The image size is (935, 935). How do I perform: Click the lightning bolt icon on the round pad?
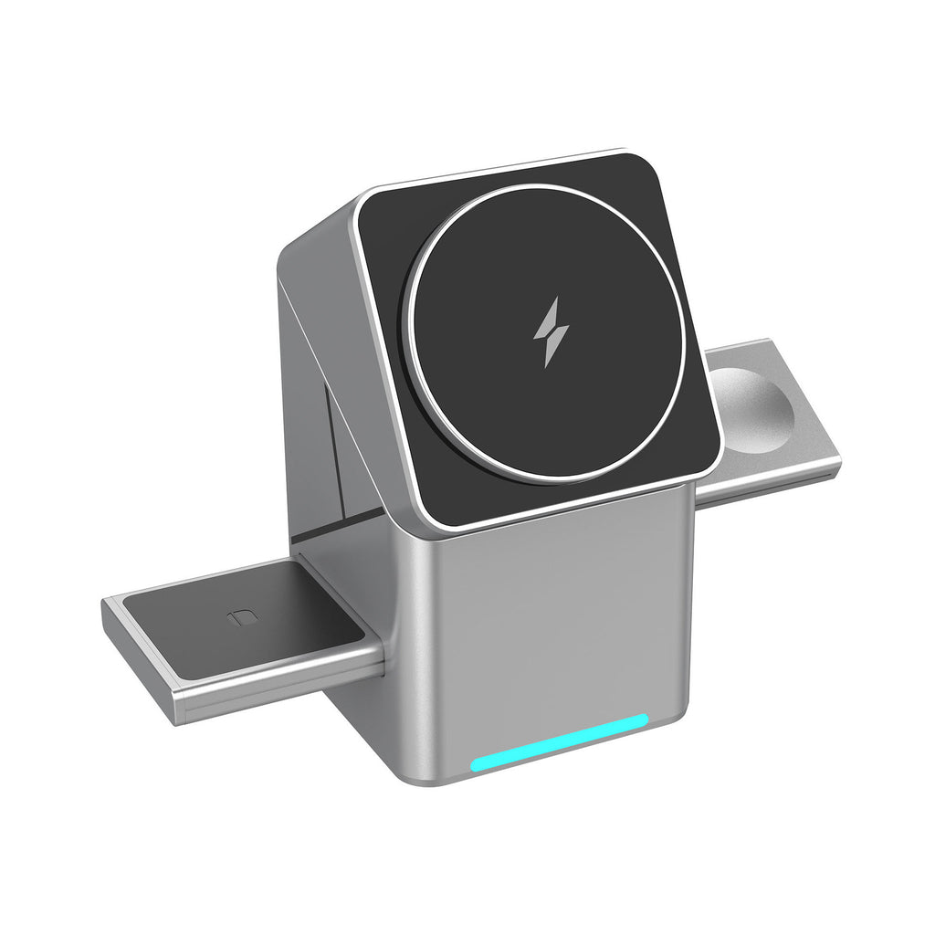[551, 331]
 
